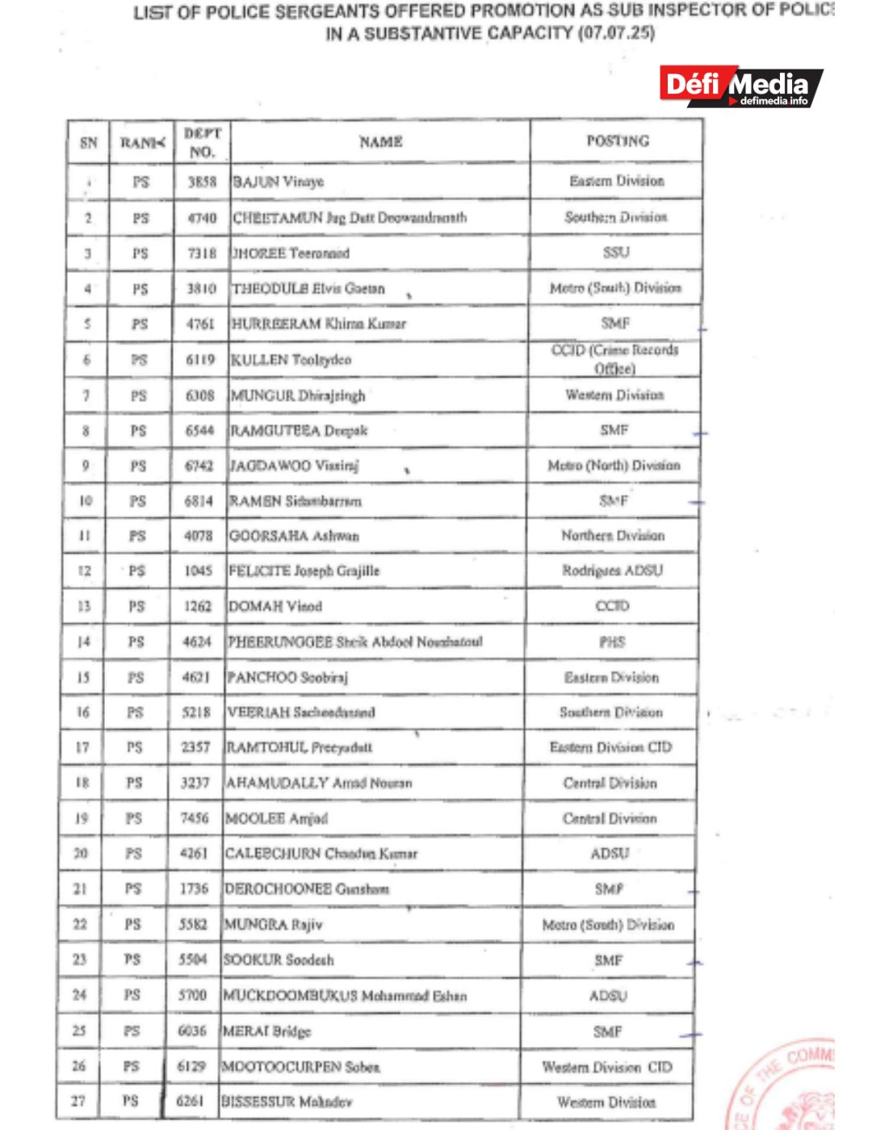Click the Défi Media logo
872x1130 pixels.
[x=741, y=86]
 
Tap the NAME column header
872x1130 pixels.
[x=380, y=142]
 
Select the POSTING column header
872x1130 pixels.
[x=618, y=140]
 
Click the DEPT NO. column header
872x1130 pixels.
[x=202, y=142]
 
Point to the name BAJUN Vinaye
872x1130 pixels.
[x=279, y=182]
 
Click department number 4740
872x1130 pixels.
[x=202, y=218]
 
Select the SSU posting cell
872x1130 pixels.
[x=616, y=253]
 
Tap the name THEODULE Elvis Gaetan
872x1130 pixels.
[x=308, y=289]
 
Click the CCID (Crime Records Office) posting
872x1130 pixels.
[x=615, y=359]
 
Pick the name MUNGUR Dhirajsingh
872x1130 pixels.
[x=298, y=395]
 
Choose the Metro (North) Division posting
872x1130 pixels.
[x=614, y=466]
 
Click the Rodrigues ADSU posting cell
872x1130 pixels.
[x=613, y=571]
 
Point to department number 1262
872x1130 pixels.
[x=198, y=606]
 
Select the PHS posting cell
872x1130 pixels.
[x=612, y=642]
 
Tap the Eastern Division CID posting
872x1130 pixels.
[x=610, y=747]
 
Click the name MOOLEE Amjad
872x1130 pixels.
[x=277, y=818]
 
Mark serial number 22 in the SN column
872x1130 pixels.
[x=80, y=924]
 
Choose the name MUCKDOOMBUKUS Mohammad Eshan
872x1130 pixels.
[x=345, y=996]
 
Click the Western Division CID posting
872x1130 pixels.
[x=607, y=1067]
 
